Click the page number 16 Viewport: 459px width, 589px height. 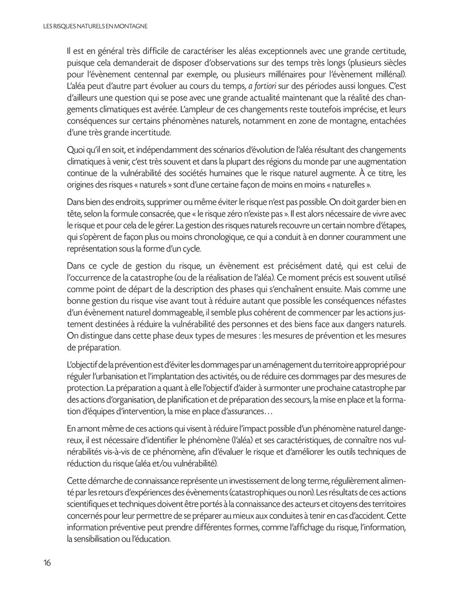[46, 562]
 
